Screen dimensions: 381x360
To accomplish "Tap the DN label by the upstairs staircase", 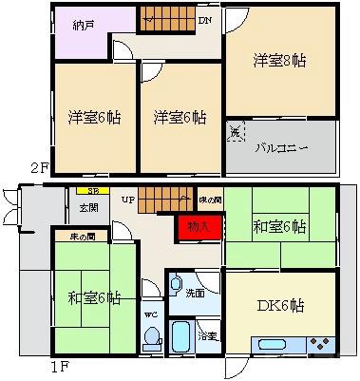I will [x=205, y=20].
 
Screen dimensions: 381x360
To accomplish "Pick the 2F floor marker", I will [x=39, y=169].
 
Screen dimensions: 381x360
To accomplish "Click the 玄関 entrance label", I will [x=88, y=207].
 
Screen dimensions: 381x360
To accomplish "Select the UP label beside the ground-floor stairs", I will [x=127, y=200].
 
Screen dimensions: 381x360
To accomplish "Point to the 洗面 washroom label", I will [x=194, y=294].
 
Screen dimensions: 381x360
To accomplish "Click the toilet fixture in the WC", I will [x=151, y=336].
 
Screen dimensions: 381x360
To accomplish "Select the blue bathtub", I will [x=181, y=336].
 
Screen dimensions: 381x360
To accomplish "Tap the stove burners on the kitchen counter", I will [x=319, y=345].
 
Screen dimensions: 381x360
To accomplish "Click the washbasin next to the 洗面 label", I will [x=174, y=284].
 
